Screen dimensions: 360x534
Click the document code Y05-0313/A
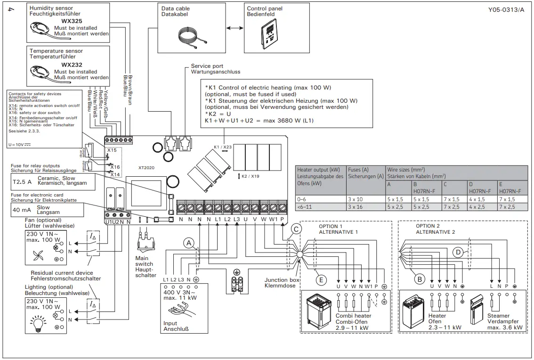point(506,10)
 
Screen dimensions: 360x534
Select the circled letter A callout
point(189,243)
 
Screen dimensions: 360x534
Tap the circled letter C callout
point(296,229)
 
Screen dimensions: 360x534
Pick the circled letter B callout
point(419,279)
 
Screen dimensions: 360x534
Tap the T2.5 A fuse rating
point(23,180)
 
